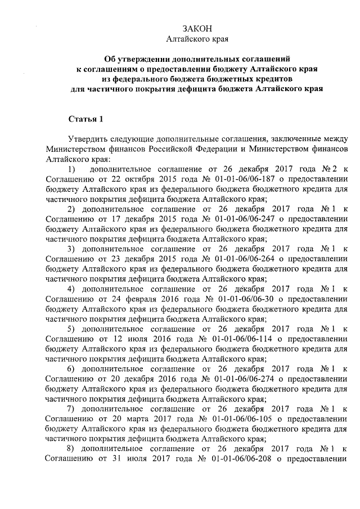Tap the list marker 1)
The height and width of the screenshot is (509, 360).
click(x=71, y=168)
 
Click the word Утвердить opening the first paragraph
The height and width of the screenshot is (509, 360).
click(x=87, y=138)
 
